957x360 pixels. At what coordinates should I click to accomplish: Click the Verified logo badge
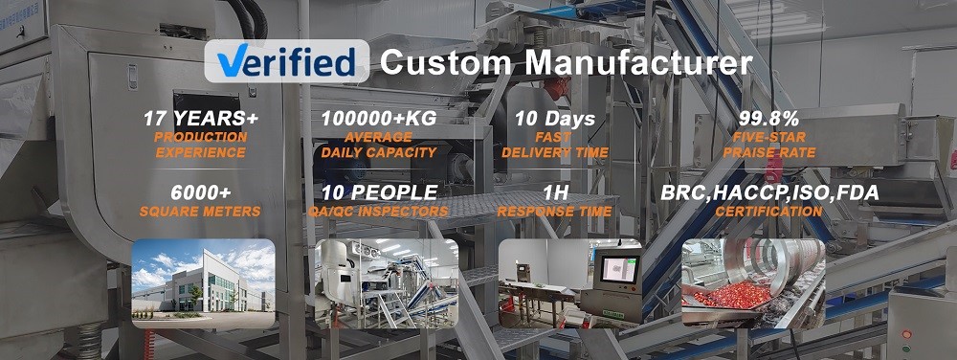coord(286,61)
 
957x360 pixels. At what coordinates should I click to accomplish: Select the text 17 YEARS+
coord(201,119)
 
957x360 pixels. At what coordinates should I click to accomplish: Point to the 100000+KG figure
coord(379,119)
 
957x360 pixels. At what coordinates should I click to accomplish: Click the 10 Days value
coord(555,119)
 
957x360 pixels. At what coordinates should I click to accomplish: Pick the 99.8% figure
coord(769,119)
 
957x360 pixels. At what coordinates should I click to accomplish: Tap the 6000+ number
coord(201,193)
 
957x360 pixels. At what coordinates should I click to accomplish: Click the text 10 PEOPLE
coord(379,193)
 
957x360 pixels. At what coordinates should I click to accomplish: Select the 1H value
coord(555,193)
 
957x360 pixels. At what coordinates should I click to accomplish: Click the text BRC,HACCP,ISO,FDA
coord(769,193)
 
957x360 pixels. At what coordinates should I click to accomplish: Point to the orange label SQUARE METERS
coord(200,213)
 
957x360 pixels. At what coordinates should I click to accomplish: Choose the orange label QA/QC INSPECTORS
coord(379,213)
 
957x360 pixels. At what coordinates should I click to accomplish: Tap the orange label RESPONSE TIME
coord(554,213)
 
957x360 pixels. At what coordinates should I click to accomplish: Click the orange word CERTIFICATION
coord(769,213)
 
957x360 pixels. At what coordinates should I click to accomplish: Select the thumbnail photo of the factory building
coord(203,283)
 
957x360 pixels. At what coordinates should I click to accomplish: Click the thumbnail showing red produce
coord(753,283)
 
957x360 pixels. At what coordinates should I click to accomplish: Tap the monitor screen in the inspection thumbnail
coord(619,269)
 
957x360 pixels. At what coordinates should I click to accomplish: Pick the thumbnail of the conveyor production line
coord(387,283)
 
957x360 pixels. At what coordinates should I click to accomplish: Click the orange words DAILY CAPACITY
coord(379,152)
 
